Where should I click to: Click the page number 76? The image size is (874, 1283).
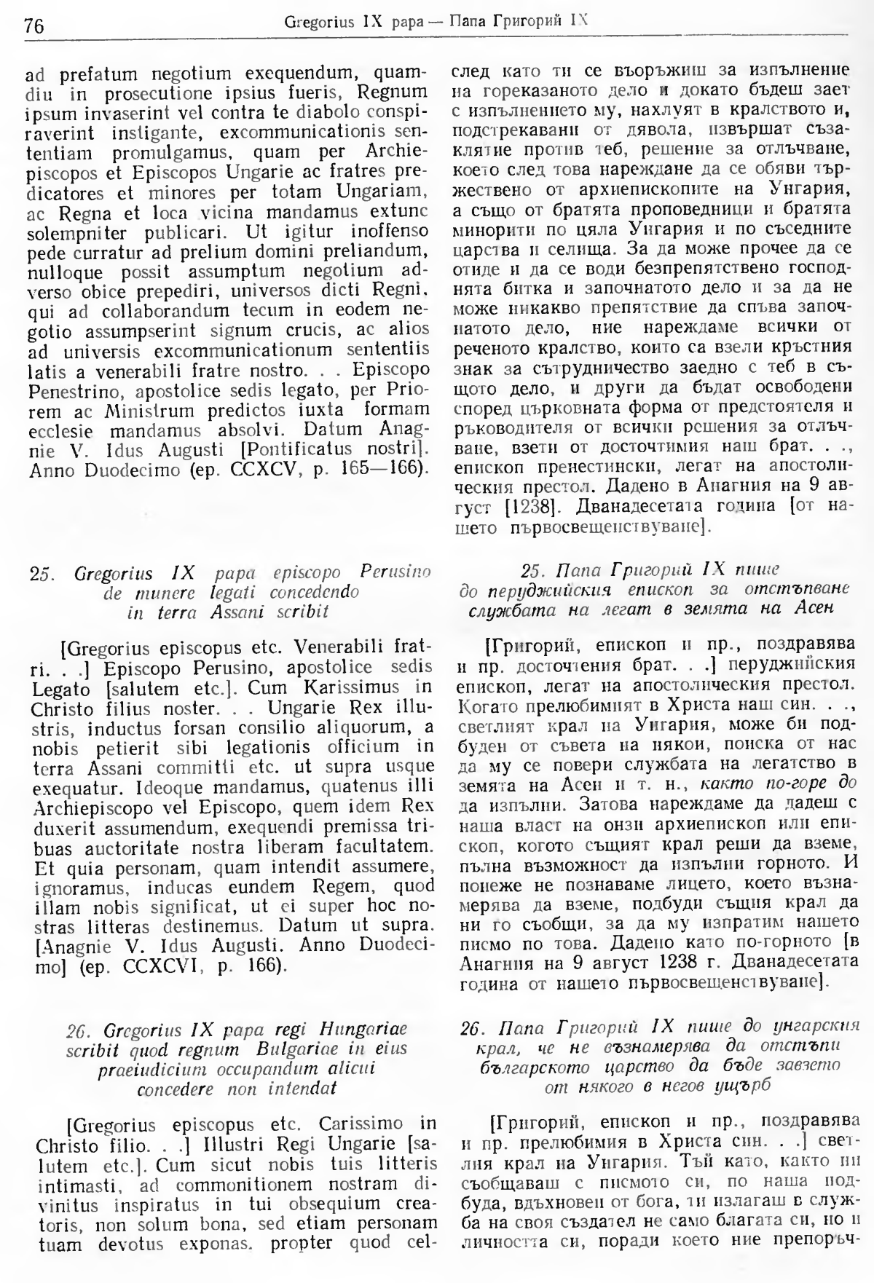[x=34, y=26]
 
